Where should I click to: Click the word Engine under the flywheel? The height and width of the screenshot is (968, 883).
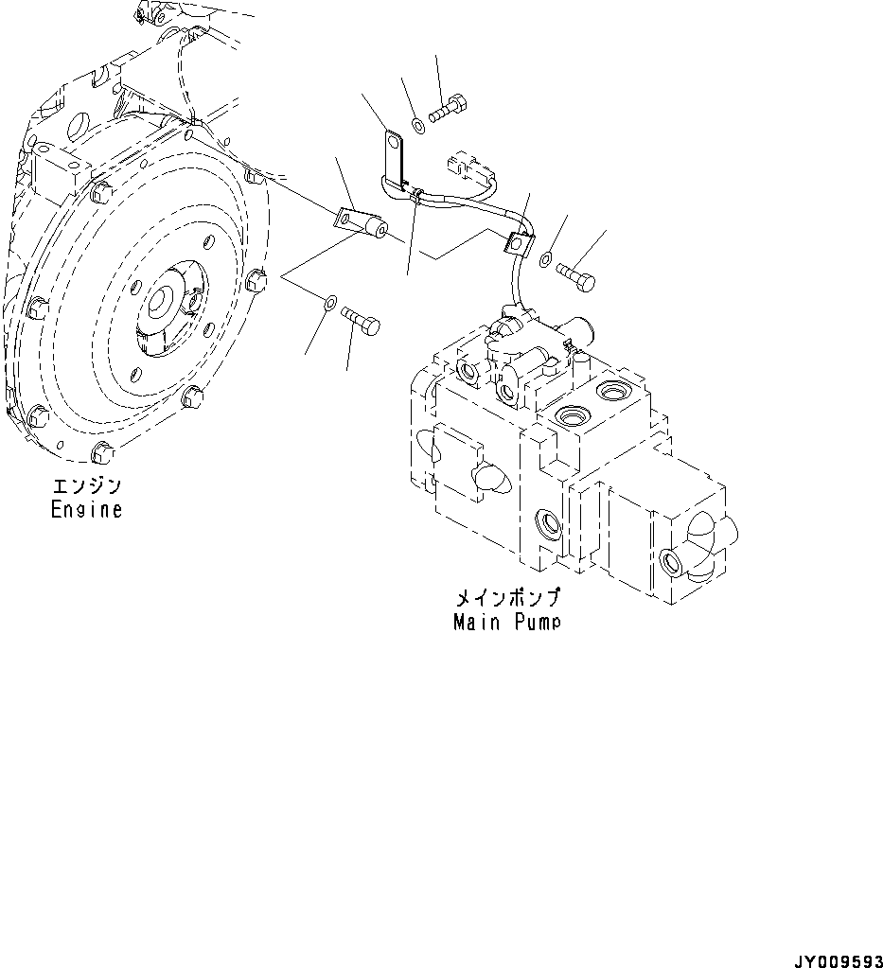coord(86,509)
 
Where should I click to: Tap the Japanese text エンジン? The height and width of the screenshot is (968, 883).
coord(86,487)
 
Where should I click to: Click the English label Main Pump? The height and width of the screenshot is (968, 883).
coord(506,622)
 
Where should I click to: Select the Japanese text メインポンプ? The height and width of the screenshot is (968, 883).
coord(506,599)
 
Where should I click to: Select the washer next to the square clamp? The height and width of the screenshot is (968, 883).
coord(546,258)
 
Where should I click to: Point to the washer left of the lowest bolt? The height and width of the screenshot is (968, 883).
coord(327,303)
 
